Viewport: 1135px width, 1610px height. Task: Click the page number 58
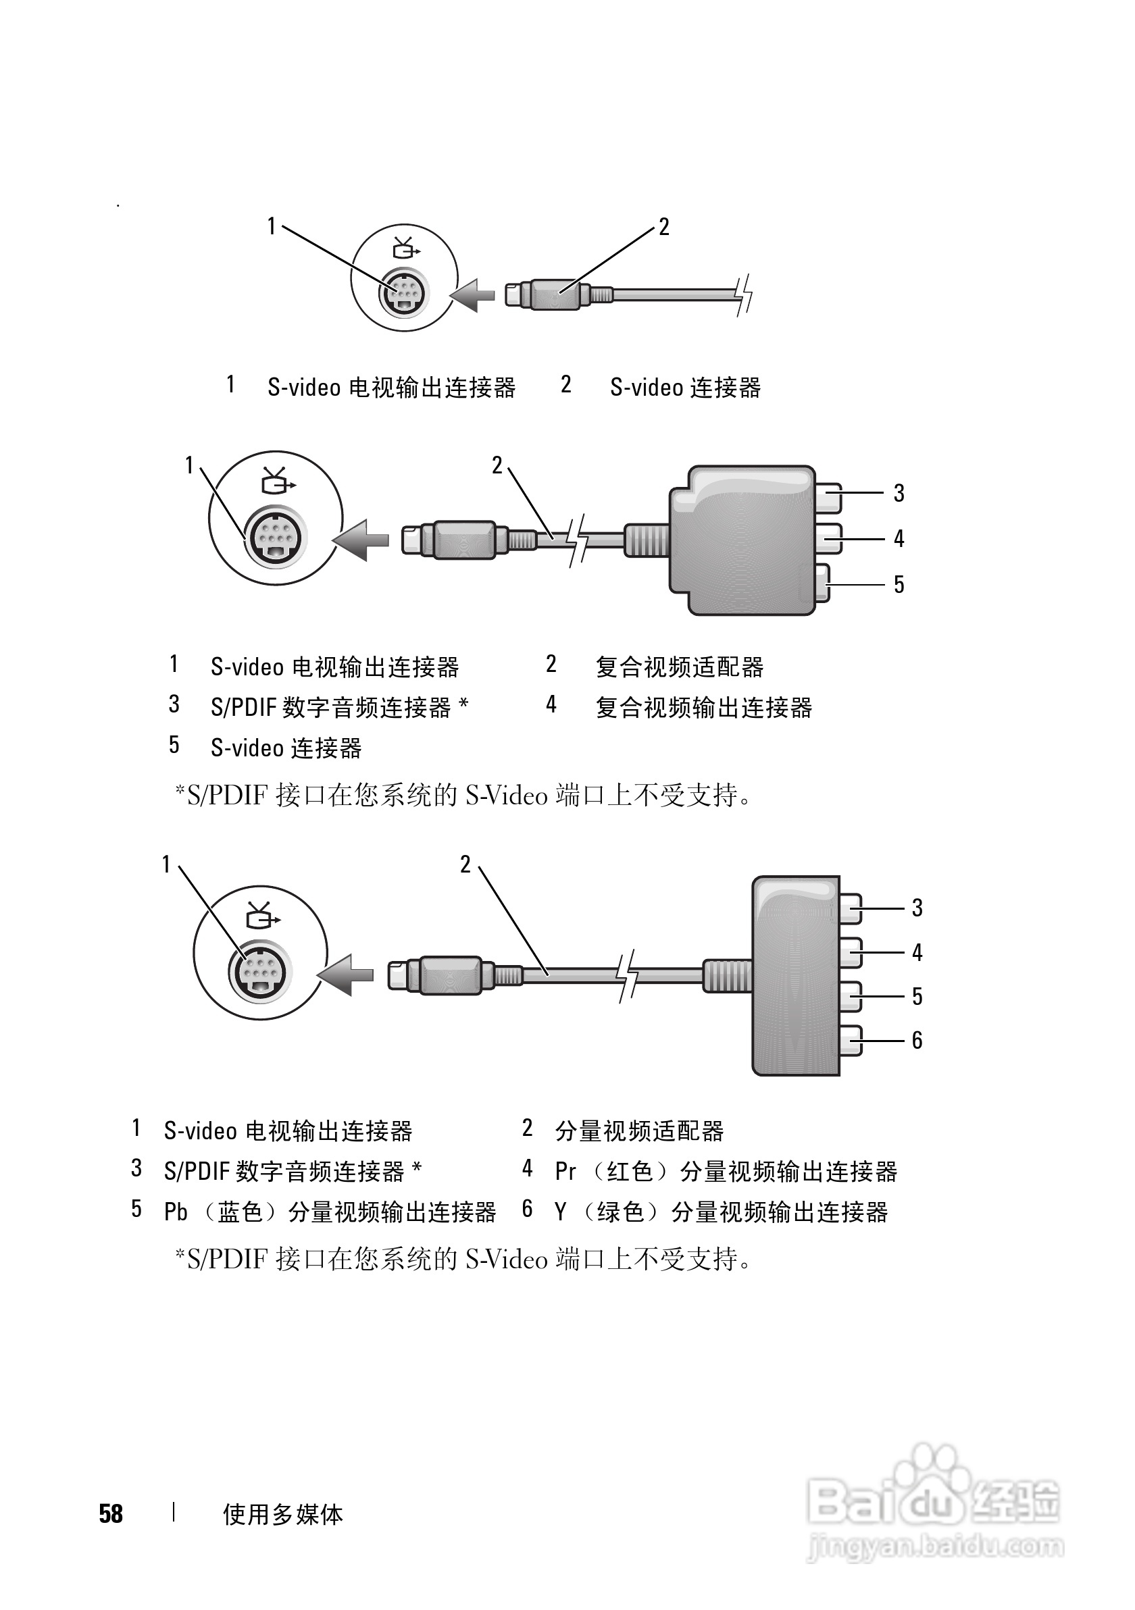pos(111,1513)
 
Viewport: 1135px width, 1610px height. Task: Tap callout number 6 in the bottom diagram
pos(917,1040)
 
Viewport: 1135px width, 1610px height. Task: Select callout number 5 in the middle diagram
pos(899,584)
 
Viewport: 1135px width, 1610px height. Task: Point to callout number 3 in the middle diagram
pos(899,493)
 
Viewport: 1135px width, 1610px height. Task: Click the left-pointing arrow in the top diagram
pos(472,294)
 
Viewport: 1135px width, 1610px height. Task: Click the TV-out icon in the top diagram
pos(405,249)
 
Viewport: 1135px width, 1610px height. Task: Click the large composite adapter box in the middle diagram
pos(742,540)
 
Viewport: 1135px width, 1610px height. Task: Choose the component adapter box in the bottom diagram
pos(795,975)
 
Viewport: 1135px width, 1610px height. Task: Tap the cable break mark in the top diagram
pos(744,294)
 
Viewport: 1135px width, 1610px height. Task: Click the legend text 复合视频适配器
pos(679,667)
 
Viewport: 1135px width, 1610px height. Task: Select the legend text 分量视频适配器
pos(639,1131)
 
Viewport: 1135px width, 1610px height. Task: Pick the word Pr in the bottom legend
pos(565,1172)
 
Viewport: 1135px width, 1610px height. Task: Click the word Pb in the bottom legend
pos(176,1212)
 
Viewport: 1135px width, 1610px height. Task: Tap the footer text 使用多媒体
pos(282,1515)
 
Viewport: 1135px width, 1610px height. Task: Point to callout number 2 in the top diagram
pos(663,226)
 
